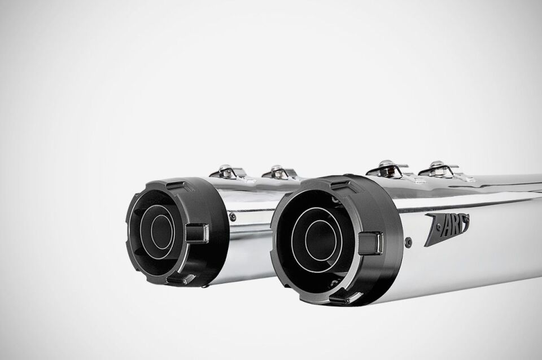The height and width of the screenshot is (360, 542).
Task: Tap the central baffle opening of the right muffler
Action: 320,240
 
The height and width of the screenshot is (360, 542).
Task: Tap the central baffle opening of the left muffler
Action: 161,230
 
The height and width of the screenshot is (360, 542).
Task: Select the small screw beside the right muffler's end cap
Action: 408,243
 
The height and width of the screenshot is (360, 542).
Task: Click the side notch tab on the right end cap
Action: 370,242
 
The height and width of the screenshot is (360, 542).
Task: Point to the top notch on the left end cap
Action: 176,186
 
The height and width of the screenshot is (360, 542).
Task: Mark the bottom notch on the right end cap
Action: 341,296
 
